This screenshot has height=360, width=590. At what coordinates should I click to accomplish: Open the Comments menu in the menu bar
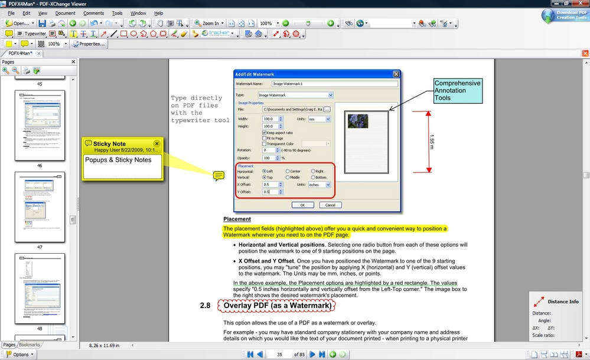93,13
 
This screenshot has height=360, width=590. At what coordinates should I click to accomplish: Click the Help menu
158,13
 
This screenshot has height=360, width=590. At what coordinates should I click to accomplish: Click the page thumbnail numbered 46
40,125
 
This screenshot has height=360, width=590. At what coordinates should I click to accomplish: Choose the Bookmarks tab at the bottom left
30,345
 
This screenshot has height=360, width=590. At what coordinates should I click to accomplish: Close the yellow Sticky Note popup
157,143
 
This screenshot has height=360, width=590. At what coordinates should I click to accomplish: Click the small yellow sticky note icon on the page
219,175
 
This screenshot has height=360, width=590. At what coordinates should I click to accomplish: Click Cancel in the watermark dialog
330,205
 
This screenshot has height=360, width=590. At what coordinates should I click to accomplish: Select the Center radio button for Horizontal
288,171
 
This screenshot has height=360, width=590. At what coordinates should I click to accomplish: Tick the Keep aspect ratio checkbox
264,132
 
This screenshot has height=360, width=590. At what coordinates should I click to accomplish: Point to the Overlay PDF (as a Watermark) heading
275,306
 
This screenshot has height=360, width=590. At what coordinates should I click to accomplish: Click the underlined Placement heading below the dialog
237,219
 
